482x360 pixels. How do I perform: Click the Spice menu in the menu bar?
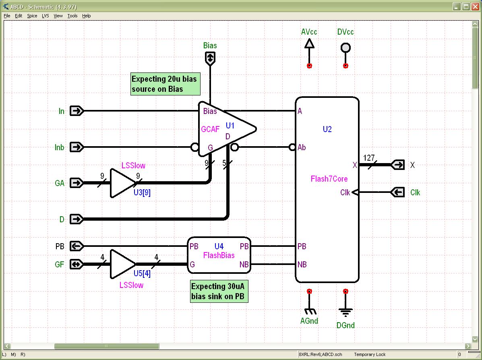32,16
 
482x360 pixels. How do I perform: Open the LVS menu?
46,16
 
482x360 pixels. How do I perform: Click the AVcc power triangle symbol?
309,43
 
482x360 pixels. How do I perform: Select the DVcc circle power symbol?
345,48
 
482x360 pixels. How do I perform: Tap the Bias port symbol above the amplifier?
210,59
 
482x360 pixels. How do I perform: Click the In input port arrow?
77,111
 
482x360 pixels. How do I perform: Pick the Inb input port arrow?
77,147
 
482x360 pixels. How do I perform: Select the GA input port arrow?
77,183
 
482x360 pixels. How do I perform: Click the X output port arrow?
398,165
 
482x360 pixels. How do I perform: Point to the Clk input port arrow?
398,192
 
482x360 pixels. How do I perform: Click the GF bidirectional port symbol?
77,264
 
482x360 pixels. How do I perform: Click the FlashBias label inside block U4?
219,255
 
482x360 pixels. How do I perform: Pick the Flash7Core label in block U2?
329,179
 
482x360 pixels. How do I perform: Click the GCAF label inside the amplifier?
210,129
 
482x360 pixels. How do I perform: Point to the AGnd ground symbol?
309,311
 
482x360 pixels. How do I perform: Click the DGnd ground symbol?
345,311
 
